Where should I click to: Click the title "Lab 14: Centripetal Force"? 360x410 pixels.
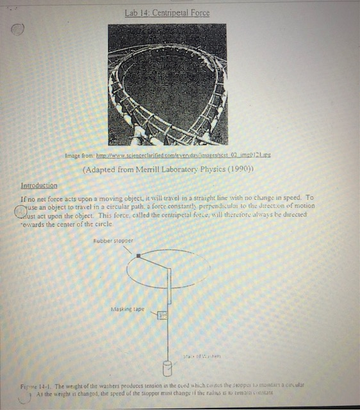click(167, 12)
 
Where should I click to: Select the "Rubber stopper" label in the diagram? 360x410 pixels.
click(113, 240)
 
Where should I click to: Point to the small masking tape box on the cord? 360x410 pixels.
click(162, 314)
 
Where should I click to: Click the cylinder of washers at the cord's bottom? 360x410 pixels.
click(168, 370)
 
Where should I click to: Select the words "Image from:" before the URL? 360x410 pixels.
click(79, 156)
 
